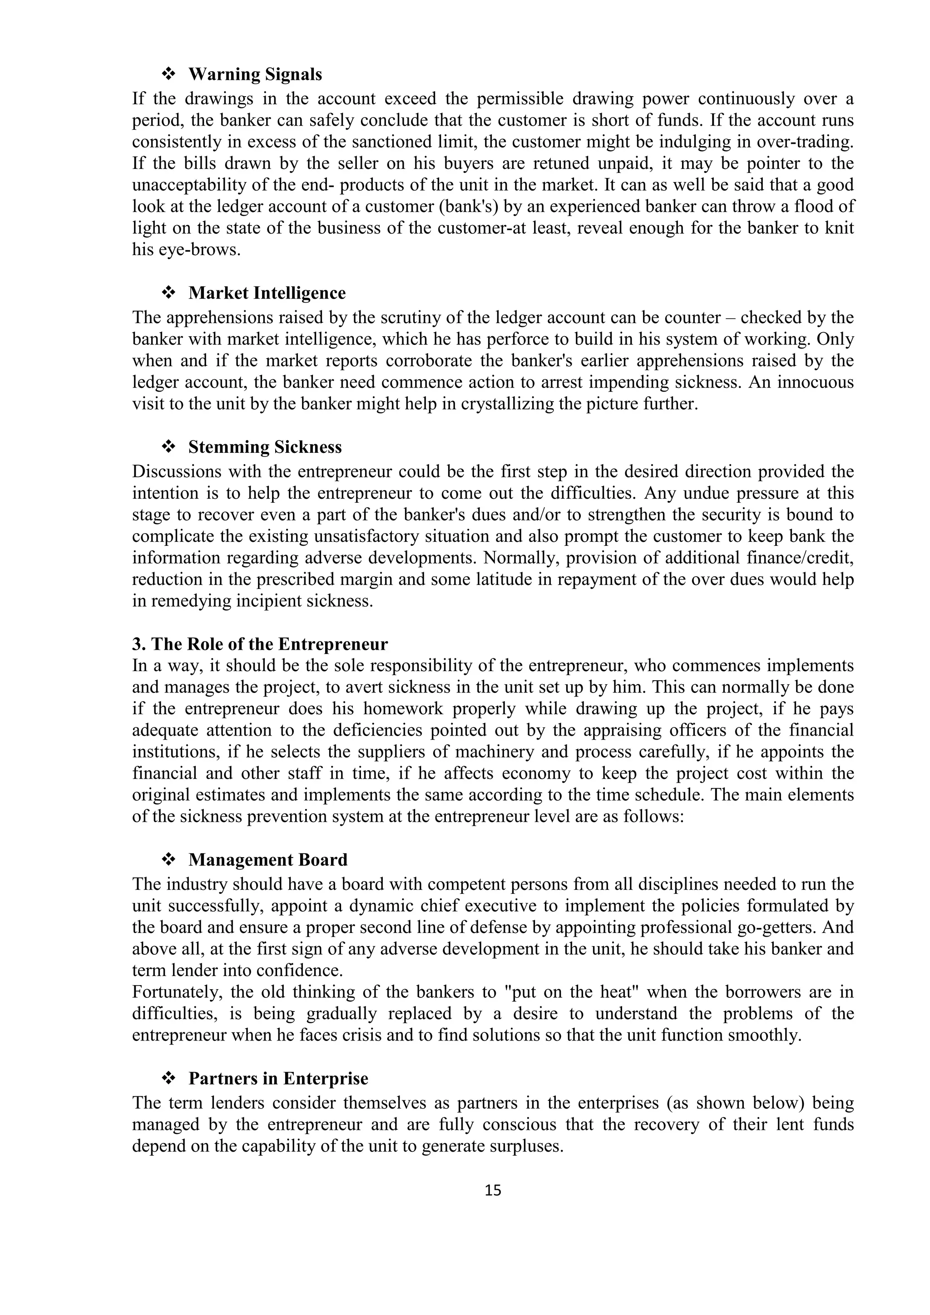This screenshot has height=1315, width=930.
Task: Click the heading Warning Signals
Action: click(x=255, y=74)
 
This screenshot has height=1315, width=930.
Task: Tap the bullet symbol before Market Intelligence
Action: click(x=168, y=293)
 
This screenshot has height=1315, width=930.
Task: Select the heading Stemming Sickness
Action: click(x=265, y=447)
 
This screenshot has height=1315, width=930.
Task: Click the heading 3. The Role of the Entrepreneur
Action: click(x=260, y=644)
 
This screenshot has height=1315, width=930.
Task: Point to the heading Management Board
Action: click(x=267, y=860)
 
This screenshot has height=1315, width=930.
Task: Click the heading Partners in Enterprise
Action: click(x=278, y=1079)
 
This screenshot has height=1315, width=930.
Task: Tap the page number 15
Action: click(x=493, y=1191)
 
